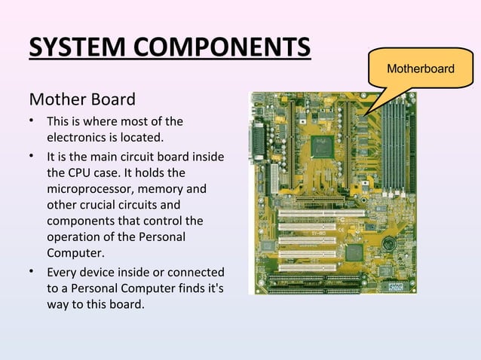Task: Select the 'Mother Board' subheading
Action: coord(82,99)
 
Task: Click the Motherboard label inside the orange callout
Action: coord(420,69)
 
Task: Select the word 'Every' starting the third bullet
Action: coord(63,272)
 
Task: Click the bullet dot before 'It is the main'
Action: coord(32,156)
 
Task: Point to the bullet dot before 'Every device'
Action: coord(32,272)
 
